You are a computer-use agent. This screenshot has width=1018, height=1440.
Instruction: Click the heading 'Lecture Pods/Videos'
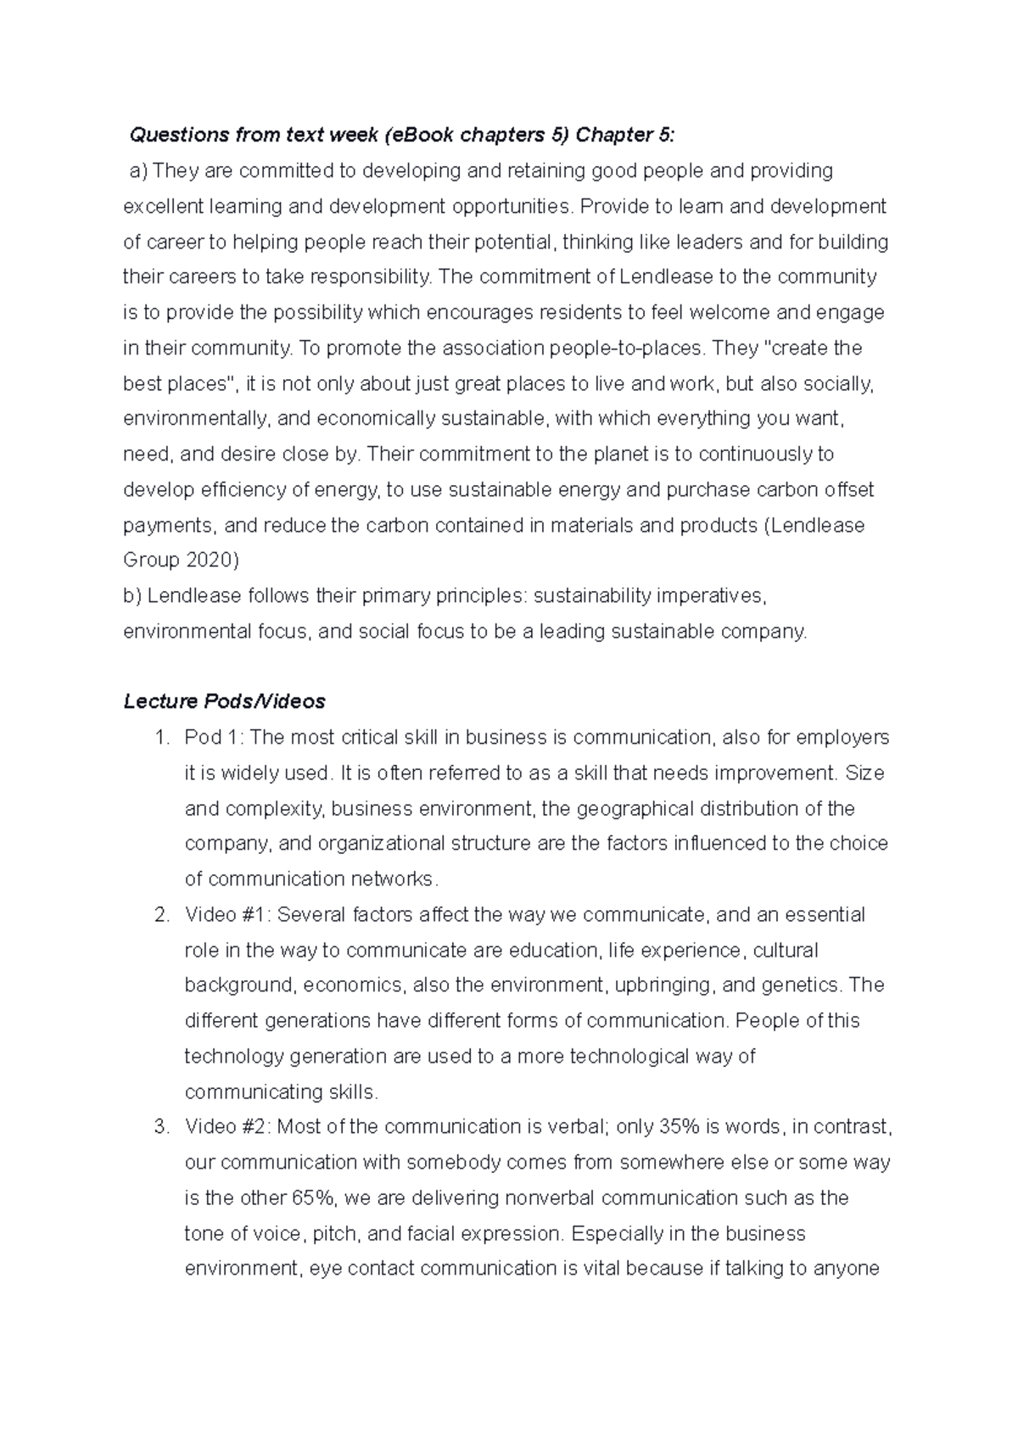coord(224,702)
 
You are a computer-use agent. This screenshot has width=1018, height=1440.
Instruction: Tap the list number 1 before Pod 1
coord(162,738)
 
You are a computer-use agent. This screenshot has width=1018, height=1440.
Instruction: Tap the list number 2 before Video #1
coord(162,915)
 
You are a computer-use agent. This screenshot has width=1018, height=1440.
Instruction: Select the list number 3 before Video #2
coord(162,1127)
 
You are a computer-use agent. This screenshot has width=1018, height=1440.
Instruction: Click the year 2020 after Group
coord(211,561)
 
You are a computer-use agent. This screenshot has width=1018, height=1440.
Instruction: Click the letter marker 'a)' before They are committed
coord(138,171)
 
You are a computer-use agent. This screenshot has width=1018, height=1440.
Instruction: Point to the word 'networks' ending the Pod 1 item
coord(394,879)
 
